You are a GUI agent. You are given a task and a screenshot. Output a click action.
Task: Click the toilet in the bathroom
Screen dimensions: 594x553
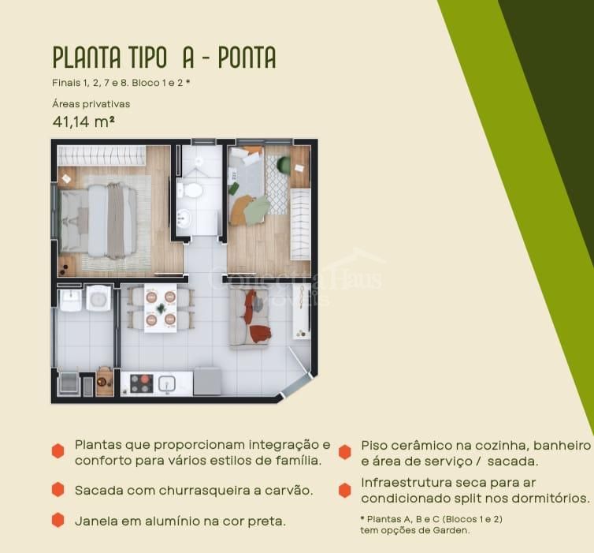(x=191, y=190)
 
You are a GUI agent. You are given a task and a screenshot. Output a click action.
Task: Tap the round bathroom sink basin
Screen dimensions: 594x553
(x=184, y=218)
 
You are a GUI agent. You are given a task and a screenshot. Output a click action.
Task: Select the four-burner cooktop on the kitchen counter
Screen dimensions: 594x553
(x=142, y=383)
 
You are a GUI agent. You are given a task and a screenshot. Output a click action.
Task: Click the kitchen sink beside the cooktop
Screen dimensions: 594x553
(x=167, y=384)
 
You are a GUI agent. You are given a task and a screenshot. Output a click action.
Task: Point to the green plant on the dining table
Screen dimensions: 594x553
(x=161, y=308)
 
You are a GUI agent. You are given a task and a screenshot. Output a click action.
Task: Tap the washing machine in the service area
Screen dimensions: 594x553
(x=98, y=298)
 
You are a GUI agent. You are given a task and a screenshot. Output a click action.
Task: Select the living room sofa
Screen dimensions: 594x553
(x=249, y=317)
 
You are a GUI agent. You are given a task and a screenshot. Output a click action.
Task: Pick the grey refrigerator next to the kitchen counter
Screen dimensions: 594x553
(x=207, y=381)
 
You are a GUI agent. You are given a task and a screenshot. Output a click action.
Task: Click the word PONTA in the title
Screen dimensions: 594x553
(x=247, y=58)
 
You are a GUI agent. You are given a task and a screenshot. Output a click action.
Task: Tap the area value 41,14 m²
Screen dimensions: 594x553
(x=84, y=122)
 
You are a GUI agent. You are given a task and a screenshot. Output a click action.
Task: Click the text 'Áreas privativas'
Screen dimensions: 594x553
(x=91, y=104)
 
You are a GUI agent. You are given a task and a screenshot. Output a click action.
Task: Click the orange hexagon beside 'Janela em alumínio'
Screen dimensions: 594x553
(x=58, y=520)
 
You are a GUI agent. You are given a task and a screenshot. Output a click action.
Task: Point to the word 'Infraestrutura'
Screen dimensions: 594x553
(x=407, y=483)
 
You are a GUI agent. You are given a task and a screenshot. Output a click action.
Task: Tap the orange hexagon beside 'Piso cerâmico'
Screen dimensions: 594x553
(x=345, y=452)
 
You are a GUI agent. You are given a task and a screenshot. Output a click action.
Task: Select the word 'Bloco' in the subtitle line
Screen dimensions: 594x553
(x=146, y=83)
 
